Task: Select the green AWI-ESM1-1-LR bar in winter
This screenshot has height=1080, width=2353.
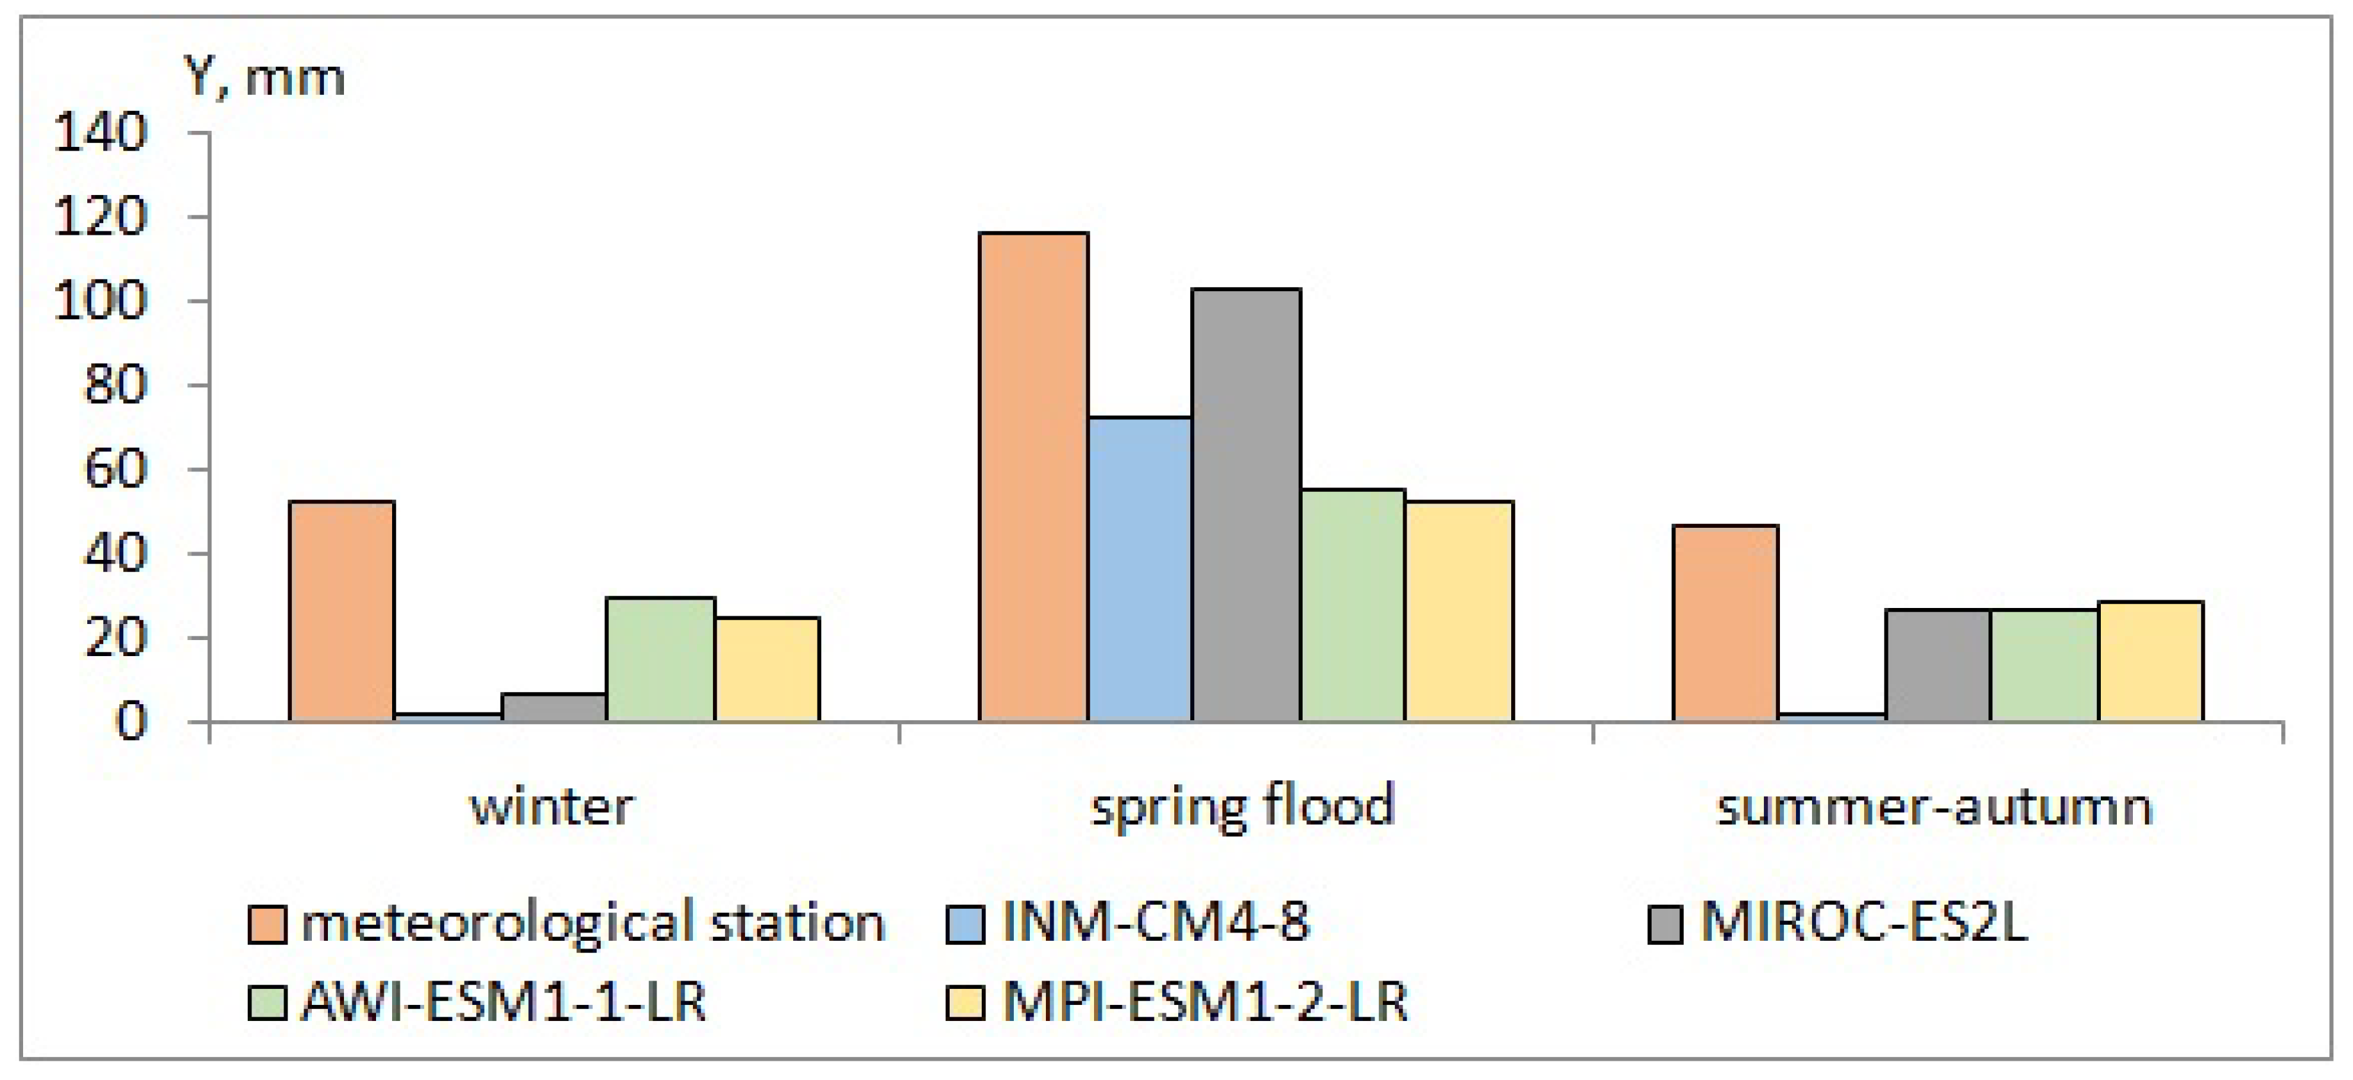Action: click(x=660, y=659)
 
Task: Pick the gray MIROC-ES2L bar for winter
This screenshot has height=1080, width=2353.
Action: click(x=554, y=707)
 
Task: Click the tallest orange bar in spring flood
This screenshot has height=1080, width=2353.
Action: click(x=1033, y=477)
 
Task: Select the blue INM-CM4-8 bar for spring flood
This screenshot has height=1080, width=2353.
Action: click(x=1139, y=569)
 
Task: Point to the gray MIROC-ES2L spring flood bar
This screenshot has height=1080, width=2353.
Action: click(x=1246, y=505)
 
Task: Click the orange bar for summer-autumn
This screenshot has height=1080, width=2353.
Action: click(x=1725, y=623)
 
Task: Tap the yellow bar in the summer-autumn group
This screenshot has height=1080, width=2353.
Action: click(x=2150, y=661)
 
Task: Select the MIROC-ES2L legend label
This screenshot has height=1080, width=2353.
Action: click(x=1863, y=922)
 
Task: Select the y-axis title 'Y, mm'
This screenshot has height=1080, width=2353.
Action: click(x=265, y=77)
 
